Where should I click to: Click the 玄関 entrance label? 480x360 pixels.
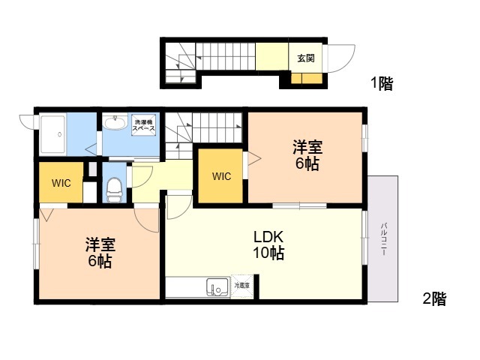pos(306,58)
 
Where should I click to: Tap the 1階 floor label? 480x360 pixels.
pos(382,83)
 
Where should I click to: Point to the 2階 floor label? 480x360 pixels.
pos(435,298)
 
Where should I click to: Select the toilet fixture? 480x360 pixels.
pos(115,190)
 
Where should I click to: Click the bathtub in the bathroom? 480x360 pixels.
pos(53,134)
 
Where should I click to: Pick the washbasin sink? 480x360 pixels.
pos(115,122)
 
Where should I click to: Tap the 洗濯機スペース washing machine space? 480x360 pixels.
pos(143,125)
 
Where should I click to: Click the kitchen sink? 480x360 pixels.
pos(217,286)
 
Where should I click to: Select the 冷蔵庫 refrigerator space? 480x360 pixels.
pos(241,286)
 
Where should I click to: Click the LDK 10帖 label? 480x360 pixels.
pos(268,245)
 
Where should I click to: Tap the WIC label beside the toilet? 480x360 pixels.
pos(61,183)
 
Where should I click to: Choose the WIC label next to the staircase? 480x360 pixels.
pos(222,176)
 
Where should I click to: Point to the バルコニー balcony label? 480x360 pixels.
pos(383,239)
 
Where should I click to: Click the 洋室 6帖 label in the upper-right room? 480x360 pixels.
pos(307,155)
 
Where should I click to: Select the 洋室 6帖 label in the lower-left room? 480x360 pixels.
pos(100,253)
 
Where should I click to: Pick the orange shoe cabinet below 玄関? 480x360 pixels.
pos(307,78)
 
